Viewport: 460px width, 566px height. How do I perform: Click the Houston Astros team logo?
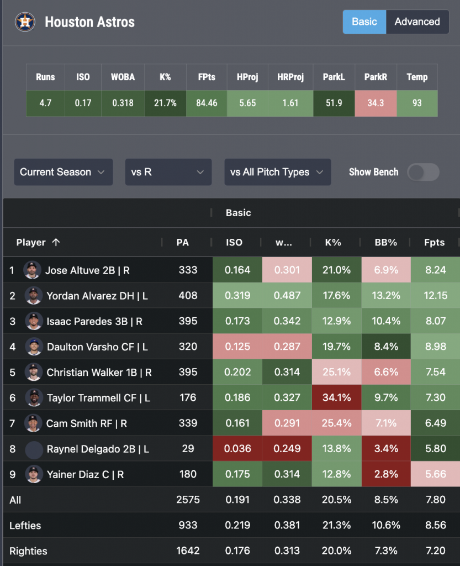click(x=25, y=22)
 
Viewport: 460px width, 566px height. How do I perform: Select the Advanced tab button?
click(x=417, y=22)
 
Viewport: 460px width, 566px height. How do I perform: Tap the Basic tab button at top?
click(x=364, y=22)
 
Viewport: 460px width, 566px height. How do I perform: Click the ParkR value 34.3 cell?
click(x=376, y=103)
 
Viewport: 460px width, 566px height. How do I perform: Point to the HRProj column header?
click(x=290, y=77)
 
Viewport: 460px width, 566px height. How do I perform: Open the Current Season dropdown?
click(x=64, y=172)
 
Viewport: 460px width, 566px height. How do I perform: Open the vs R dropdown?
click(x=168, y=172)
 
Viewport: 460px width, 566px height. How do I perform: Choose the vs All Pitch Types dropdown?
click(x=278, y=172)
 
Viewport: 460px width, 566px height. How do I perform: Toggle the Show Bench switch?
click(x=423, y=172)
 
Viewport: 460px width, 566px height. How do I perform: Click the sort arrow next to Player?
click(x=56, y=242)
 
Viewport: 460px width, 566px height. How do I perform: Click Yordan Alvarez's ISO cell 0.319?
click(x=237, y=295)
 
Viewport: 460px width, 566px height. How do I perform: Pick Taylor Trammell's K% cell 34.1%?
click(x=336, y=397)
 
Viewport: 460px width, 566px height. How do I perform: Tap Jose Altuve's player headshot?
click(x=32, y=270)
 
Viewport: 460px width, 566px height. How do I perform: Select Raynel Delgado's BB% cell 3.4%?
click(x=386, y=449)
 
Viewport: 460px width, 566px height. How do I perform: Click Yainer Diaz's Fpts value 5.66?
click(x=435, y=474)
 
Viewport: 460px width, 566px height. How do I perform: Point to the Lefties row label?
click(x=25, y=525)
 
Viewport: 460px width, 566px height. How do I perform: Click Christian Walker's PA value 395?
click(x=188, y=372)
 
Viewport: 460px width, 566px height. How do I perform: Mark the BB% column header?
click(x=386, y=242)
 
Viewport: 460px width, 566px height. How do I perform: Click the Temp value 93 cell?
click(x=417, y=103)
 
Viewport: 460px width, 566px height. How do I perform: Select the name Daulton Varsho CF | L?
click(x=97, y=347)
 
